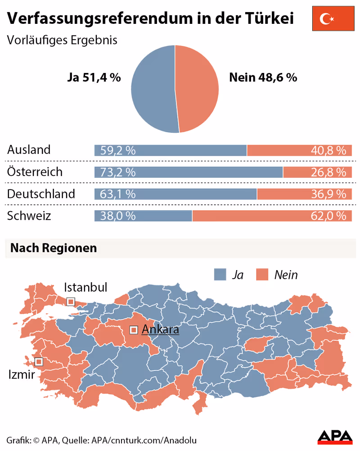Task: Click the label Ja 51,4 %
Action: click(94, 77)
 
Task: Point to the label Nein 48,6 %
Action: click(263, 77)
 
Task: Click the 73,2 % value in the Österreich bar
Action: click(118, 172)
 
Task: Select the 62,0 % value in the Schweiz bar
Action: click(328, 216)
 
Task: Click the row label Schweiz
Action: click(29, 216)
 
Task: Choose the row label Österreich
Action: click(35, 172)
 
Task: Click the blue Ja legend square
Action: click(220, 275)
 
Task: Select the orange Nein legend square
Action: click(262, 275)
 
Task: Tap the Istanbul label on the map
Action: click(85, 287)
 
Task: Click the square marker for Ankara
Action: click(134, 330)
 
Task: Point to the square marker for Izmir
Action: click(39, 361)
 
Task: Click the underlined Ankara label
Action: click(160, 330)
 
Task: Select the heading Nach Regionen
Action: click(54, 248)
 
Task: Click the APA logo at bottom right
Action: click(335, 437)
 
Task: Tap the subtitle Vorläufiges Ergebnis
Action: click(62, 40)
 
